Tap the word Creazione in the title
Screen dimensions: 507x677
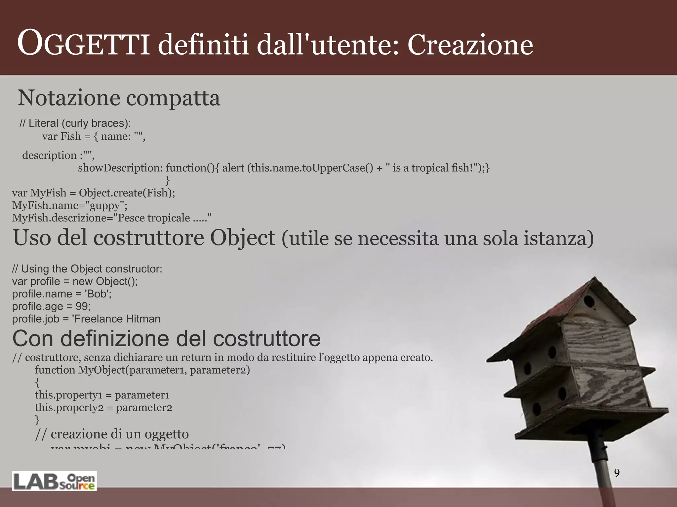[x=470, y=45]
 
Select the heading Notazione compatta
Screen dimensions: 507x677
[x=119, y=98]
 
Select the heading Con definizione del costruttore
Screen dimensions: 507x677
[x=166, y=338]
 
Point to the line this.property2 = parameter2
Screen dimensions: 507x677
[x=103, y=408]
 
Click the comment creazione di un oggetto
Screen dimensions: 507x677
[x=112, y=434]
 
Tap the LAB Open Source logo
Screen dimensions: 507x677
[x=55, y=481]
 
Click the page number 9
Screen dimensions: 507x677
[x=617, y=473]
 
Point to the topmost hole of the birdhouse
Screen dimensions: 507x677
[x=589, y=301]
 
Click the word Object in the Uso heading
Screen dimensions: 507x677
[x=242, y=238]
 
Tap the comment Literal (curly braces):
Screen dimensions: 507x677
[x=75, y=123]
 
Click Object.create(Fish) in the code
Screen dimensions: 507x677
[x=127, y=193]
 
